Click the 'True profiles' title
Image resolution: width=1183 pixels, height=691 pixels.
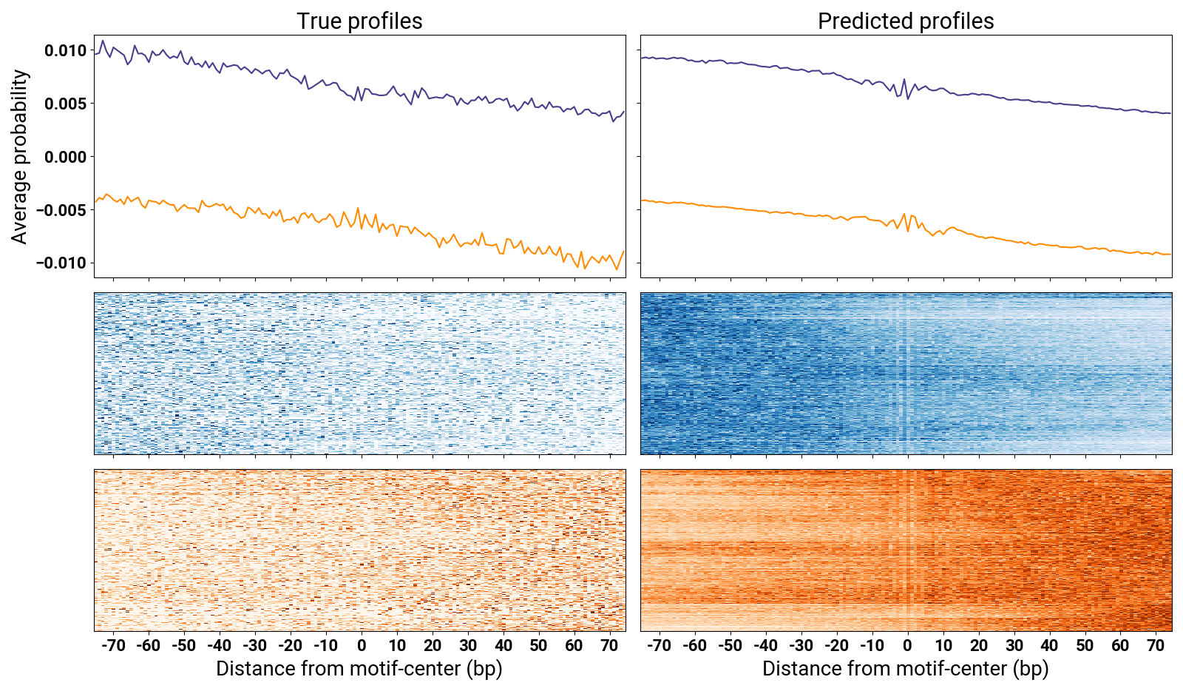point(359,21)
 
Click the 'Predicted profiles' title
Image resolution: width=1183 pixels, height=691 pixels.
point(906,21)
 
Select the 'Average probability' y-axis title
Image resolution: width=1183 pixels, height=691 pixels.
point(20,157)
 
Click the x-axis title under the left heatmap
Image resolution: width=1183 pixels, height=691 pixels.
point(359,669)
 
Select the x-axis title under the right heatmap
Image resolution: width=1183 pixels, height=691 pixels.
point(906,669)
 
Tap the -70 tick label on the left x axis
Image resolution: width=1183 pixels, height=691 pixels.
point(113,646)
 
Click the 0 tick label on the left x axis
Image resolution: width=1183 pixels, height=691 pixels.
point(362,646)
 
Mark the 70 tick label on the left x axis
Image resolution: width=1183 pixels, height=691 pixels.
point(609,646)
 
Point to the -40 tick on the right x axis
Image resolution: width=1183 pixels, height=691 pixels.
point(765,646)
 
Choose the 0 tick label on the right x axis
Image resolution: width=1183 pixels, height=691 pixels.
point(907,646)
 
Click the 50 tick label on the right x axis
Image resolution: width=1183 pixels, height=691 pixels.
point(1085,646)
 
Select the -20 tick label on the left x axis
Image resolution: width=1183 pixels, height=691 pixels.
point(291,646)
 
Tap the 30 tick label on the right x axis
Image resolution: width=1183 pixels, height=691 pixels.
point(1014,646)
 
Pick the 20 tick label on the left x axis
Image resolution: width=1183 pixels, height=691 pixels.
point(433,646)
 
